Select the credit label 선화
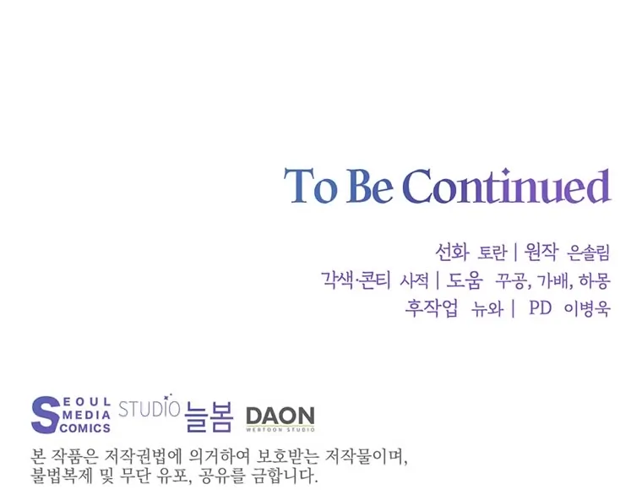coord(452,252)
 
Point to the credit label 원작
coord(541,252)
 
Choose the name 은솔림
coord(589,253)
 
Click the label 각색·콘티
coord(356,280)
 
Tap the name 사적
coord(414,281)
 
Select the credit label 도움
coord(464,280)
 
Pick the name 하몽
coord(595,281)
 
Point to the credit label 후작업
coord(432,307)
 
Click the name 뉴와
coord(487,308)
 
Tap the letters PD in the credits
coord(541,307)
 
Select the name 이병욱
coord(587,308)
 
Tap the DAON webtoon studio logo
coord(280,418)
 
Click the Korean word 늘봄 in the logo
coord(209,416)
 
